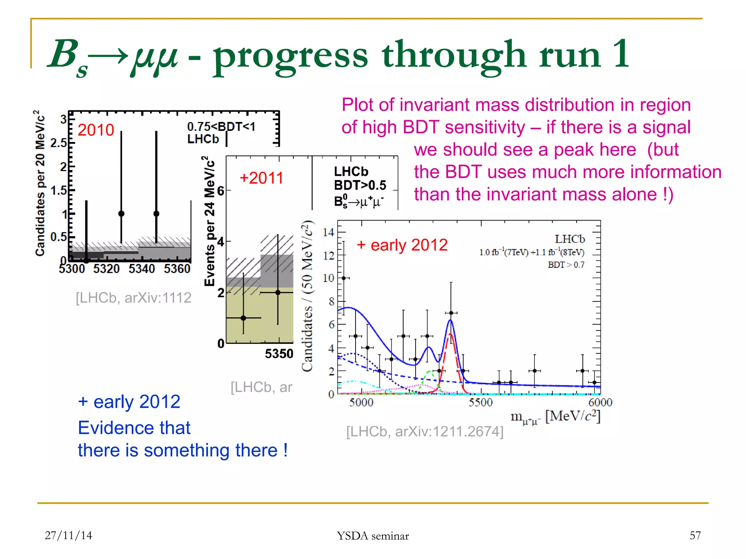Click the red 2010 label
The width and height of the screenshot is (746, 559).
pos(96,130)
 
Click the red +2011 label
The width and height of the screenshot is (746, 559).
pos(261,178)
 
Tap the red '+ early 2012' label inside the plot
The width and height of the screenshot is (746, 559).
pos(402,245)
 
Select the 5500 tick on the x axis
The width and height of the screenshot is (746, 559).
pos(480,402)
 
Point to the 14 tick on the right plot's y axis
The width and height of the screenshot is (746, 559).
pos(329,232)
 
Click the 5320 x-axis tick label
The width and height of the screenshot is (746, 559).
pos(106,269)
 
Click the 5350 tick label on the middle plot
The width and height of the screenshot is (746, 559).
pos(279,354)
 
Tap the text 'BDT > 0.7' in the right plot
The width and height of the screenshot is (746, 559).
pos(566,265)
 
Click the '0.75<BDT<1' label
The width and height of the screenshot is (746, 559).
pos(221,127)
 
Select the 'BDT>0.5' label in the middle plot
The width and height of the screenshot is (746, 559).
pos(360,185)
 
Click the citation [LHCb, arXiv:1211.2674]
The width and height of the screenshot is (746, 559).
pos(425,432)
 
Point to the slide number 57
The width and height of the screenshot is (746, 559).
pos(695,535)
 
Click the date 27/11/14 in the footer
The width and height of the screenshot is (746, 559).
pos(68,535)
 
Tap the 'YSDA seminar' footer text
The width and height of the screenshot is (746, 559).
pos(373,536)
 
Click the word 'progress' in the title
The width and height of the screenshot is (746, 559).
pos(290,55)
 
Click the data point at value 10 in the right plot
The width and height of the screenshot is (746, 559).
pos(343,278)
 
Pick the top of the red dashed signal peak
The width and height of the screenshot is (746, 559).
pos(451,333)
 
